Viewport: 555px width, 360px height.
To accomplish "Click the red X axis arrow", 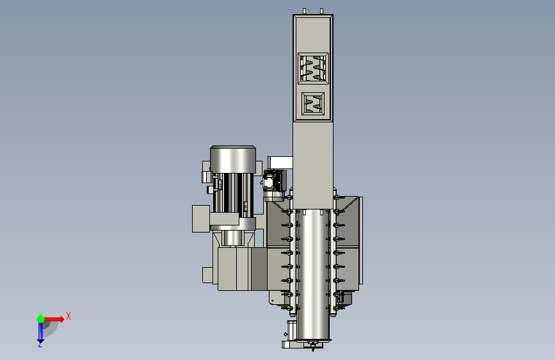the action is (53, 319).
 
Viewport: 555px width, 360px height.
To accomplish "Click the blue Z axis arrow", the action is (40, 333).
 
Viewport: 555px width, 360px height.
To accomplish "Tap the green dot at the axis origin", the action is (40, 319).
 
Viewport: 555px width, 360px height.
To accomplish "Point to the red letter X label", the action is (68, 316).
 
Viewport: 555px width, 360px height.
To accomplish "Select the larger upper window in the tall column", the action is (313, 69).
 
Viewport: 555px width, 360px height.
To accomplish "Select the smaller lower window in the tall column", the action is (313, 104).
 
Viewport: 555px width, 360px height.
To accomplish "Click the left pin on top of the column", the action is (305, 12).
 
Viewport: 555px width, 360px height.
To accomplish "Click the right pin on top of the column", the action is (321, 12).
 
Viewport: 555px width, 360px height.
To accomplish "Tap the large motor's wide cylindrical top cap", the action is (232, 160).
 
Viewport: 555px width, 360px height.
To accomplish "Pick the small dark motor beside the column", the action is (275, 181).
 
